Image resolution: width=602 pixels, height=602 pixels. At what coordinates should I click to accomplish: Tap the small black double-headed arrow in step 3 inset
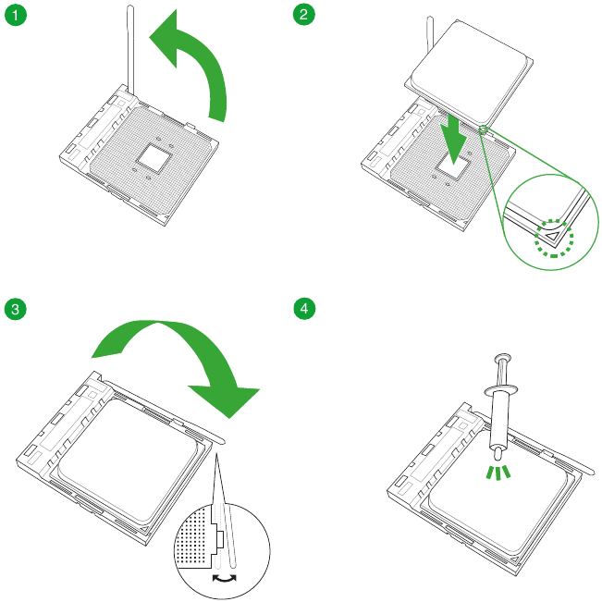tap(224, 576)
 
